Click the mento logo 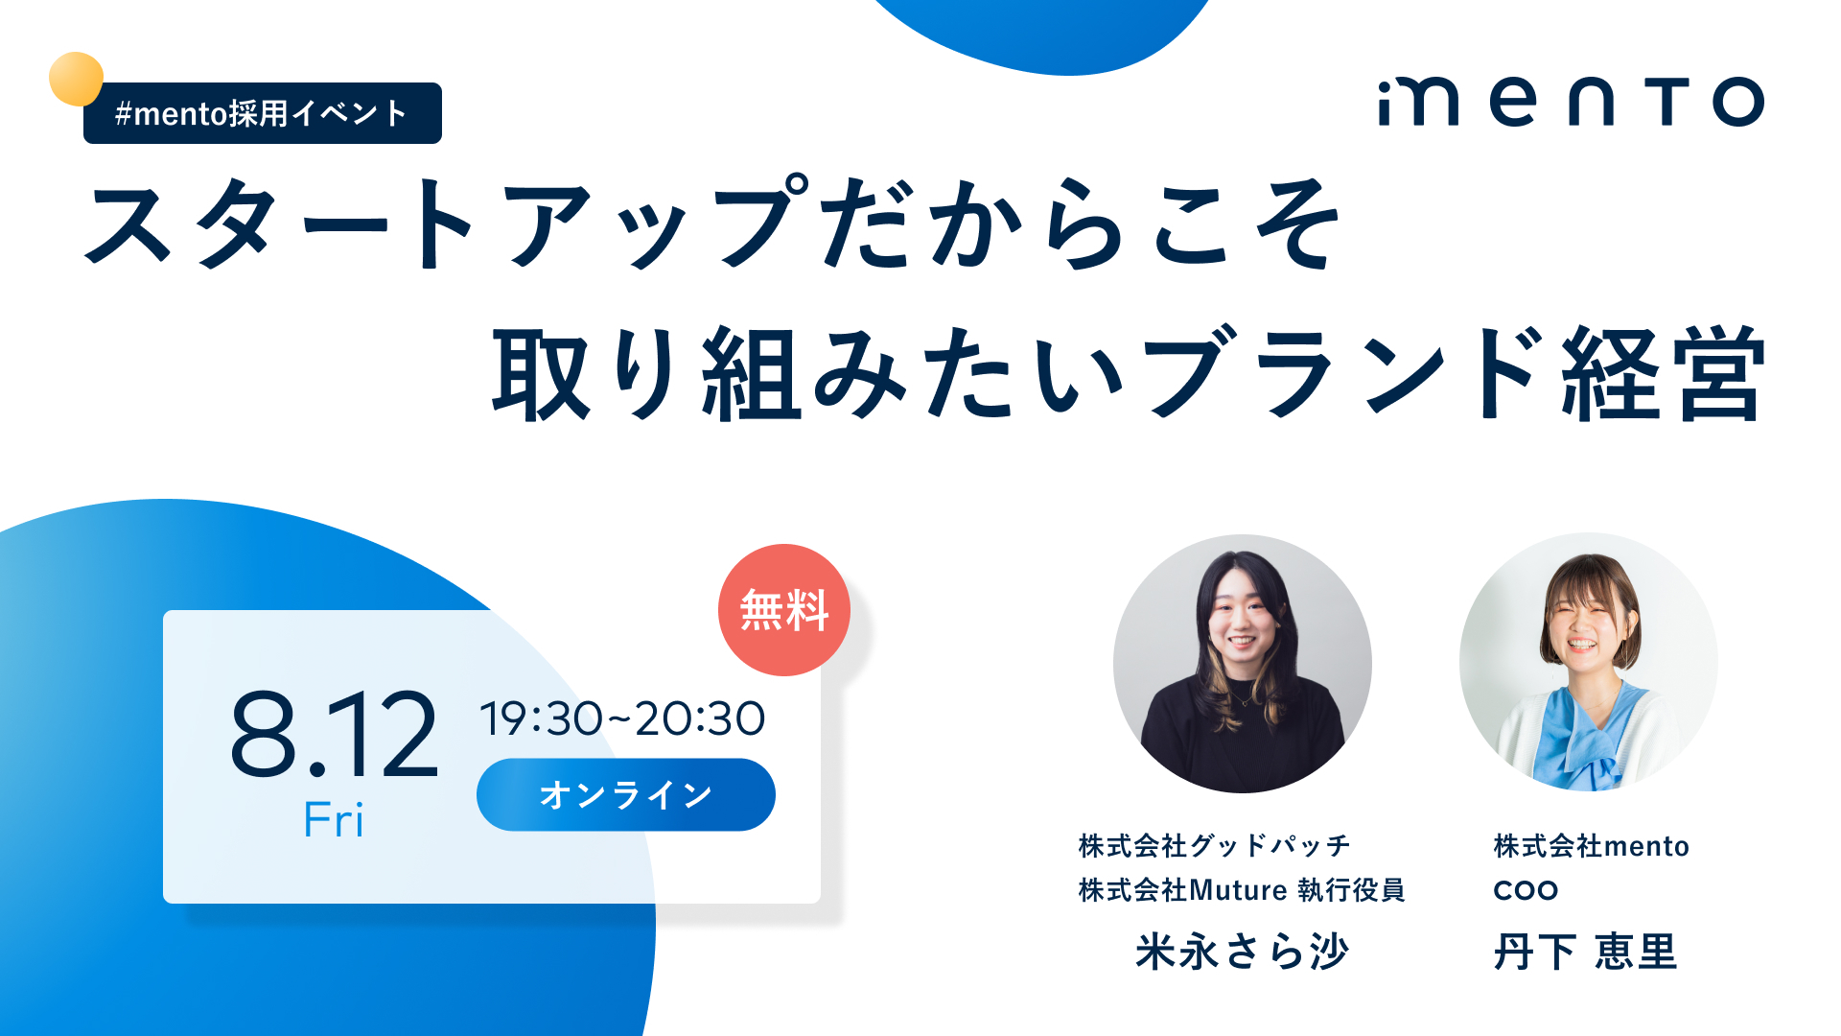click(1571, 102)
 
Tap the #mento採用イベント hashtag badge click(263, 113)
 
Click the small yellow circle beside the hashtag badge click(76, 79)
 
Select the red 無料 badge click(784, 610)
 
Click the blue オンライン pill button click(626, 794)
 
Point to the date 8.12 click(334, 734)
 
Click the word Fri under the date click(334, 820)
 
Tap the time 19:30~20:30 click(622, 718)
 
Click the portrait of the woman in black click(1243, 664)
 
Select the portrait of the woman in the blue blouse click(1589, 662)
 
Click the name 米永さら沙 click(1243, 952)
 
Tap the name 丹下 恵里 click(1586, 952)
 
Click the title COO click(1526, 890)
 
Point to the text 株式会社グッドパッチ click(1215, 845)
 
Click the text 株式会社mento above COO click(1592, 845)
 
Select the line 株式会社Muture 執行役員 click(1242, 889)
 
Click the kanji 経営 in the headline click(1664, 372)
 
